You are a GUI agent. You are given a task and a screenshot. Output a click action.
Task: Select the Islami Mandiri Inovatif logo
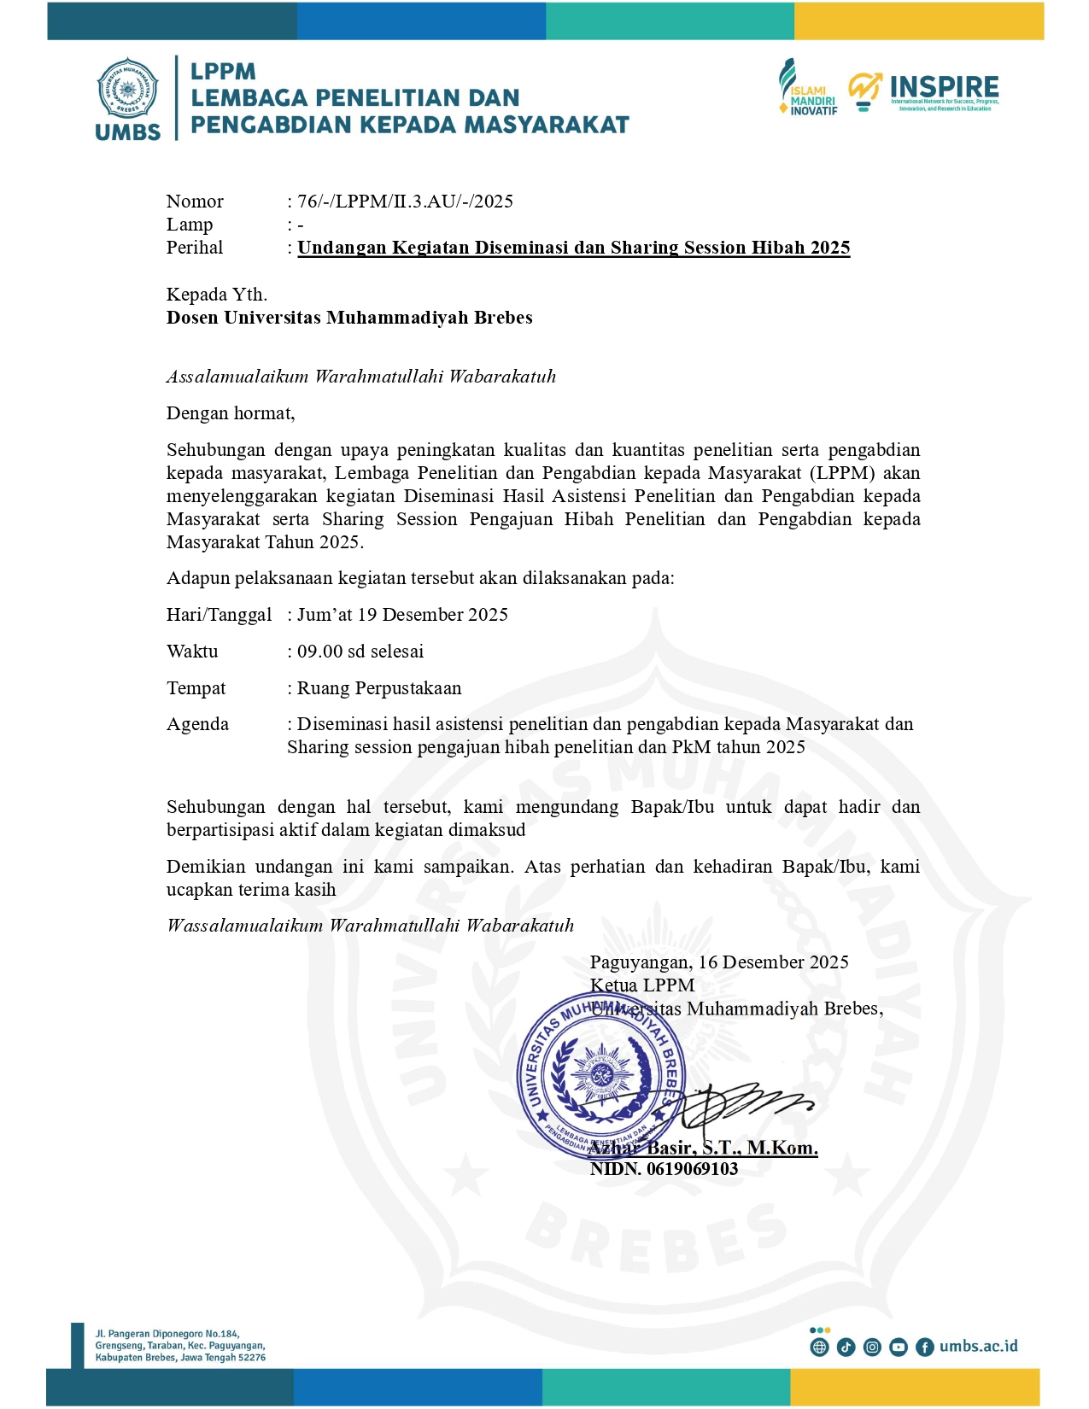click(807, 88)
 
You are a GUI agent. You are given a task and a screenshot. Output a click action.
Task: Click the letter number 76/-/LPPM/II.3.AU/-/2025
click(405, 202)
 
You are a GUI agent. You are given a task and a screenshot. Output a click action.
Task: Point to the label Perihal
click(195, 248)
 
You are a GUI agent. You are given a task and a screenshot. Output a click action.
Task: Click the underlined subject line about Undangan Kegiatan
click(573, 248)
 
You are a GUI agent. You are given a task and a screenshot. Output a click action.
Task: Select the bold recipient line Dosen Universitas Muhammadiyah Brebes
click(349, 318)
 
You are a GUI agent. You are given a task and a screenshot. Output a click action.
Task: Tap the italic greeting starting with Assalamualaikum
click(360, 377)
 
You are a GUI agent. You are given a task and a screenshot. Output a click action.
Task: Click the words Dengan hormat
click(231, 413)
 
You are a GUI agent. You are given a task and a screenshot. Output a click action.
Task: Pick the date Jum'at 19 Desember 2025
click(402, 615)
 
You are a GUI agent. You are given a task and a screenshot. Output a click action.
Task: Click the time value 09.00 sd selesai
click(360, 652)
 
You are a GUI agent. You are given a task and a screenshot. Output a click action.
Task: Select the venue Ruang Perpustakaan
click(378, 688)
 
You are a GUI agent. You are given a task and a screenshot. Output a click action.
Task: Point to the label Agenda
click(197, 724)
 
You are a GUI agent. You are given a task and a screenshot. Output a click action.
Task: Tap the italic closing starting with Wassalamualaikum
click(370, 926)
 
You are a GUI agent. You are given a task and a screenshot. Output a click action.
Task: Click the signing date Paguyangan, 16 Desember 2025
click(719, 962)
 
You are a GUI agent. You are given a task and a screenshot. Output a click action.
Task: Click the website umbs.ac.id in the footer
click(978, 1347)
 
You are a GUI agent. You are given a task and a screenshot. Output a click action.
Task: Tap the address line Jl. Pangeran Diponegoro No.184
click(167, 1334)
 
